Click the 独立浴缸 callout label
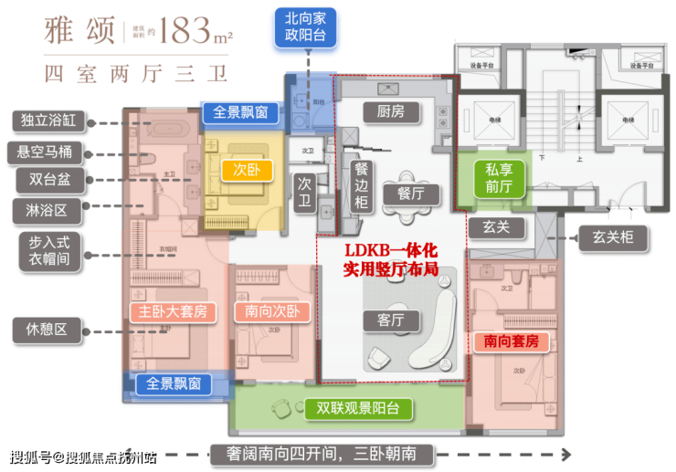49,120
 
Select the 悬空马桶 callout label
49,150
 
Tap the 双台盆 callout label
49,180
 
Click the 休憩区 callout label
49,330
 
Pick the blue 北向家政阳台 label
305,27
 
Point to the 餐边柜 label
362,184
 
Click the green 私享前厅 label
499,177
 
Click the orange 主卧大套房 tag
174,311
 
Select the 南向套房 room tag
512,341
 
